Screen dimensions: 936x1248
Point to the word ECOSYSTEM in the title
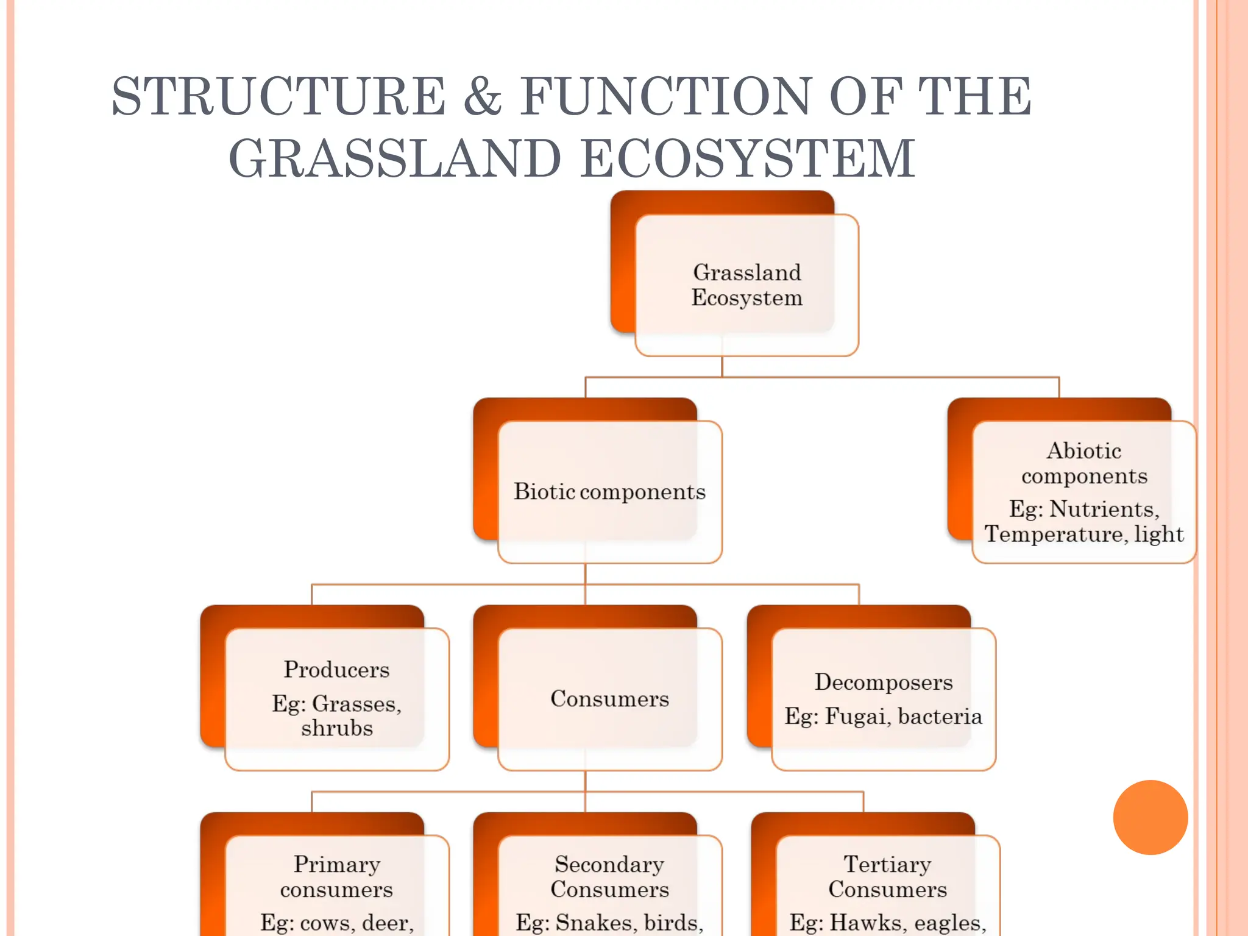[748, 158]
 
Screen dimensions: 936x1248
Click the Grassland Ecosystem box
[746, 285]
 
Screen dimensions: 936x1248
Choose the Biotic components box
[609, 491]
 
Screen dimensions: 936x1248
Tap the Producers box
[336, 698]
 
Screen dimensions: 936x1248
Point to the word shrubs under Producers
[336, 728]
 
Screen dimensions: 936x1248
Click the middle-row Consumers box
[609, 698]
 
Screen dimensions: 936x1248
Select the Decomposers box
[883, 698]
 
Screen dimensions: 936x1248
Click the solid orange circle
[1150, 817]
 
